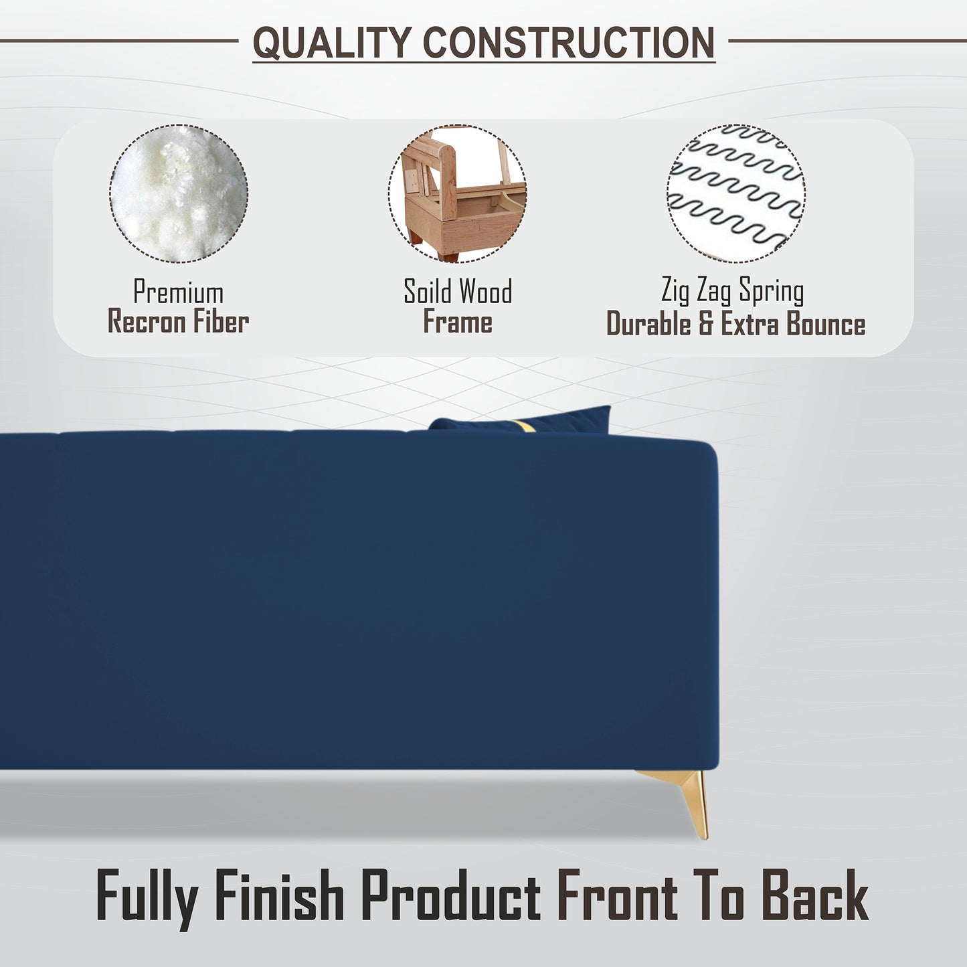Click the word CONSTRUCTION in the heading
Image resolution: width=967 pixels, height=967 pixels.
(x=569, y=43)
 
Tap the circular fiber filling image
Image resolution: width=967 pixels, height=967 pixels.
(x=179, y=193)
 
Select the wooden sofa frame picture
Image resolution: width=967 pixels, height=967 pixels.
(x=457, y=193)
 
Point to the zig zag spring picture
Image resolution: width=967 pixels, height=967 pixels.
(x=736, y=193)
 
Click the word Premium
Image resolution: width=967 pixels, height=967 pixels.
(x=178, y=291)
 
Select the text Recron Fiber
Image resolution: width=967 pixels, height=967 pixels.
(x=178, y=322)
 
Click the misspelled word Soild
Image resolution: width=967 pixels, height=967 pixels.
(x=428, y=290)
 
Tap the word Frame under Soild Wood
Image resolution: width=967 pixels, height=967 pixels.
(x=457, y=321)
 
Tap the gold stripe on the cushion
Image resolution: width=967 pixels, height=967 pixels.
(x=525, y=426)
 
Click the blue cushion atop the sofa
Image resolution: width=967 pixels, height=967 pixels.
(x=522, y=420)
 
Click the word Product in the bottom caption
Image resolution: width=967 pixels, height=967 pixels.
(x=451, y=895)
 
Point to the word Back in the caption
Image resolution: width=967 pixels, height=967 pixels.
(x=815, y=895)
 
